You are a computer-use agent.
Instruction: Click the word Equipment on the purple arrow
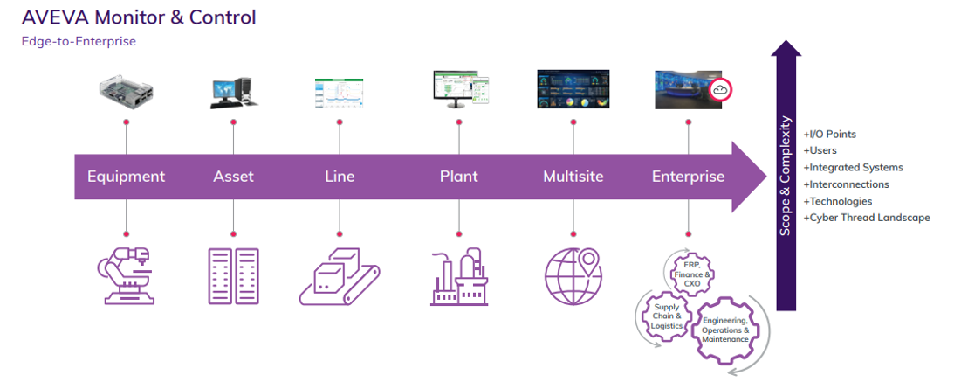click(x=126, y=177)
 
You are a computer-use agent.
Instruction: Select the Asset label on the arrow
click(x=234, y=177)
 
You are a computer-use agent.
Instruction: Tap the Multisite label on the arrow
click(x=573, y=177)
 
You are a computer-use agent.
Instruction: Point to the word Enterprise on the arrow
click(x=689, y=177)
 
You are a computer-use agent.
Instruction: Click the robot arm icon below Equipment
click(x=127, y=276)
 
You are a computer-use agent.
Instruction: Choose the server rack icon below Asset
click(x=234, y=276)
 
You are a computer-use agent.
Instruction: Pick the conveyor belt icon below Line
click(x=340, y=277)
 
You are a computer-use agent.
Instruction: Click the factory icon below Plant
click(x=460, y=276)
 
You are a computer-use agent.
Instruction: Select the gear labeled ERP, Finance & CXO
click(x=690, y=274)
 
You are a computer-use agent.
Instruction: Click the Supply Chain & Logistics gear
click(x=666, y=316)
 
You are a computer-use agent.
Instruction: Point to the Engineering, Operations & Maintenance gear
click(x=725, y=330)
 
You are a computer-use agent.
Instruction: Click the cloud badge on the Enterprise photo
click(x=721, y=89)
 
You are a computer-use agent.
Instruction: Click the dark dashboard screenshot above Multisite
click(x=574, y=89)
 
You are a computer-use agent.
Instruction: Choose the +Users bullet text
click(x=820, y=150)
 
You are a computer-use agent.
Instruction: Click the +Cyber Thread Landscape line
click(x=867, y=218)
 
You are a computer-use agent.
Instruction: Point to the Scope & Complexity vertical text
click(x=786, y=176)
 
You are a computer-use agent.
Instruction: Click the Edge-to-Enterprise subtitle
click(x=79, y=42)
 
